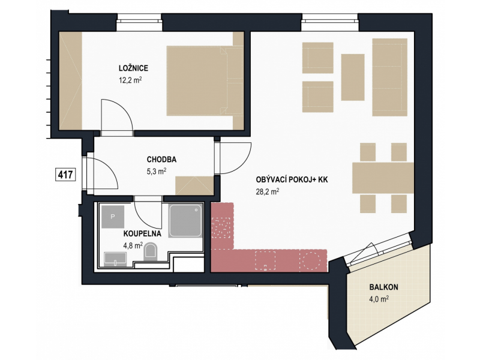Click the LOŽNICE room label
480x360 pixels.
pyautogui.click(x=133, y=68)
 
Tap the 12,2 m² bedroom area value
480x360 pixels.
pyautogui.click(x=130, y=80)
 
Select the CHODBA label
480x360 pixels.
pyautogui.click(x=161, y=160)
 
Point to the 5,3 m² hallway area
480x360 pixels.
pyautogui.click(x=157, y=171)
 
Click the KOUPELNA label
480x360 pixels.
pyautogui.click(x=142, y=234)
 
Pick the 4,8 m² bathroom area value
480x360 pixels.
pyautogui.click(x=133, y=245)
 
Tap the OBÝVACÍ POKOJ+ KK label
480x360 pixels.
pyautogui.click(x=292, y=179)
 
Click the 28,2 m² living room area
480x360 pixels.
pyautogui.click(x=268, y=191)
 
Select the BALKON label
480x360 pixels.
pyautogui.click(x=383, y=287)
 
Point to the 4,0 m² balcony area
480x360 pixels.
pyautogui.click(x=379, y=299)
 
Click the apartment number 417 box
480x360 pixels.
pyautogui.click(x=65, y=175)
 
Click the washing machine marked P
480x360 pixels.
pyautogui.click(x=113, y=217)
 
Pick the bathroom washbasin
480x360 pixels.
pyautogui.click(x=115, y=259)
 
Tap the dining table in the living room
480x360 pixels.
pyautogui.click(x=383, y=178)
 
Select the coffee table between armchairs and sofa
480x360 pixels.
pyautogui.click(x=353, y=77)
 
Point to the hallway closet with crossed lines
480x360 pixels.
pyautogui.click(x=194, y=185)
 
